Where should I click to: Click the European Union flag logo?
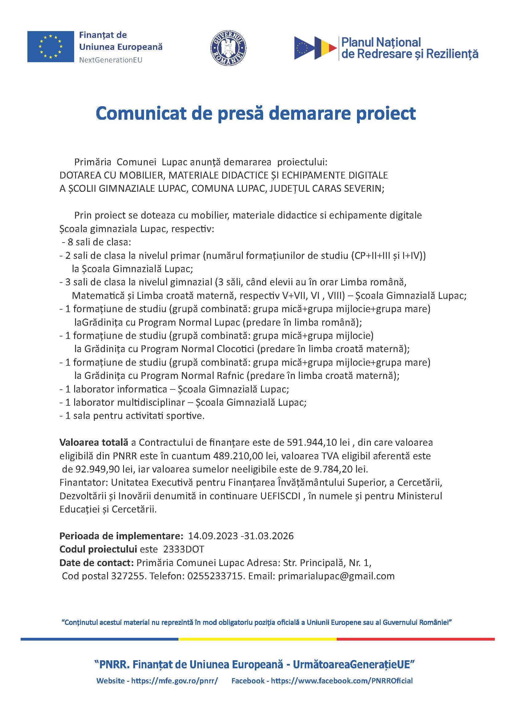click(x=50, y=46)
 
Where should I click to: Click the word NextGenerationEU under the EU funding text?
click(x=111, y=60)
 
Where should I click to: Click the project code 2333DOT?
click(x=184, y=549)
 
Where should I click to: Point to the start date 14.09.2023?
click(x=213, y=536)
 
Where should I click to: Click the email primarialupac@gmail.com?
click(x=336, y=576)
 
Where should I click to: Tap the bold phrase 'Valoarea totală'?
click(x=94, y=442)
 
